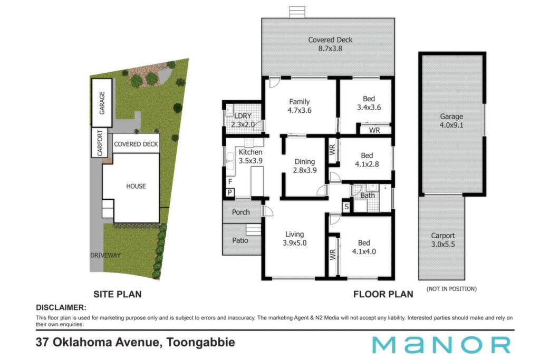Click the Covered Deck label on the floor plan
[x=330, y=40]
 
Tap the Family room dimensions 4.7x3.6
[x=300, y=111]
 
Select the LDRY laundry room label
[x=243, y=116]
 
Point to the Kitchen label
[x=250, y=152]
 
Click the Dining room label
[x=304, y=162]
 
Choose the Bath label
[x=368, y=196]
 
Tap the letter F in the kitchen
[x=230, y=181]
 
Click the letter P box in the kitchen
[x=230, y=193]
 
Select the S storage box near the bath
[x=346, y=207]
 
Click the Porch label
[x=240, y=212]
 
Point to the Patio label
[x=240, y=240]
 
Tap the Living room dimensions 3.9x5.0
[x=294, y=243]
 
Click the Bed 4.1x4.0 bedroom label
[x=364, y=247]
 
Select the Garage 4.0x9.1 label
[x=451, y=121]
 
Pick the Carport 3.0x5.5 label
[x=443, y=240]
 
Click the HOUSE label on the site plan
[x=136, y=186]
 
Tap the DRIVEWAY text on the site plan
[x=105, y=255]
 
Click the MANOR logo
[x=441, y=345]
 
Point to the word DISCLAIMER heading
[x=61, y=308]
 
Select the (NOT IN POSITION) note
[x=451, y=289]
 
